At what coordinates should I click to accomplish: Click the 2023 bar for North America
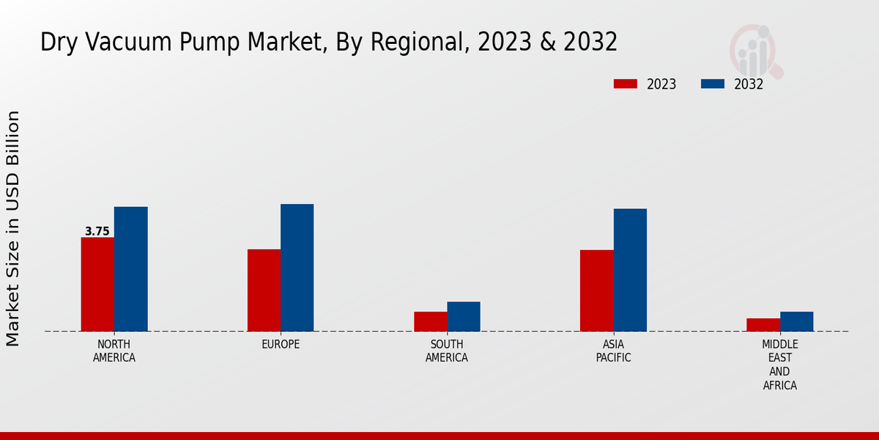click(x=97, y=285)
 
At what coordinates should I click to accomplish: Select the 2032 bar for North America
click(x=130, y=269)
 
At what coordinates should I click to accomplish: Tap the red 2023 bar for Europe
click(x=264, y=290)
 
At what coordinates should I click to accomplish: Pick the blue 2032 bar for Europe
click(x=297, y=268)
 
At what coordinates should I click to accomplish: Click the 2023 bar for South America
click(x=430, y=321)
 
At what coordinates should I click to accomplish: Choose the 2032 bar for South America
click(x=464, y=316)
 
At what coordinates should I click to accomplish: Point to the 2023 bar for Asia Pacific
click(x=596, y=290)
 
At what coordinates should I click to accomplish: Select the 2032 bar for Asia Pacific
click(x=630, y=270)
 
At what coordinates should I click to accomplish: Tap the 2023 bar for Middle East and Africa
click(x=763, y=325)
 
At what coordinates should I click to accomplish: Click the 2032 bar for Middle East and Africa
click(x=796, y=321)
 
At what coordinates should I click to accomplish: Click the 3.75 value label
click(x=97, y=232)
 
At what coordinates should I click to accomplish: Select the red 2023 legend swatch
click(x=626, y=84)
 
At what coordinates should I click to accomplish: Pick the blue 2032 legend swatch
click(x=713, y=84)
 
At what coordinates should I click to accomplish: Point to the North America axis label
click(x=114, y=351)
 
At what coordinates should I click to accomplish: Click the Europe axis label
click(x=281, y=345)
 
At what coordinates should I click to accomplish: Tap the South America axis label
click(x=447, y=351)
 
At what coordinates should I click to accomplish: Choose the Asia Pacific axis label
click(x=613, y=351)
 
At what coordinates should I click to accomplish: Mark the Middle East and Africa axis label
click(x=780, y=365)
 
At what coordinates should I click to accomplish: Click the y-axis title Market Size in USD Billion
click(x=13, y=228)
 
